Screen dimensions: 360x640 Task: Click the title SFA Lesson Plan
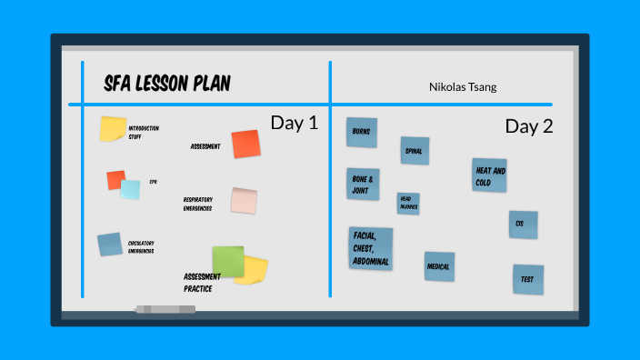click(x=167, y=85)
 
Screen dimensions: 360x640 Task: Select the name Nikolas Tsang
click(x=463, y=87)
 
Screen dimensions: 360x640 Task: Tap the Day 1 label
click(x=294, y=124)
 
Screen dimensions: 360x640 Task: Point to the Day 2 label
click(x=529, y=126)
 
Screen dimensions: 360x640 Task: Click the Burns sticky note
click(x=362, y=133)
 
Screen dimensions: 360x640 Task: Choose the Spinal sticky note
click(x=415, y=151)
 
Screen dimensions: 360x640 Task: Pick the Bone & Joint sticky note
click(x=363, y=183)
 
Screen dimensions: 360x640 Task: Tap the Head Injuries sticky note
click(x=408, y=204)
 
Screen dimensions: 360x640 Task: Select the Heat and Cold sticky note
click(x=489, y=175)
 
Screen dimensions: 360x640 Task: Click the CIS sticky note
click(x=523, y=224)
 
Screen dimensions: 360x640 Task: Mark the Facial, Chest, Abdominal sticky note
click(x=371, y=248)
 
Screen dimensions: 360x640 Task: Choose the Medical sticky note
click(x=439, y=266)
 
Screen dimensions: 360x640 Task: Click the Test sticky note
click(x=527, y=278)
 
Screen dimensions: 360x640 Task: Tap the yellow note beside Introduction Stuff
click(x=113, y=129)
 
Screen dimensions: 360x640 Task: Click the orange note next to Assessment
click(x=245, y=144)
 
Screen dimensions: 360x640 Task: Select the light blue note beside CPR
click(x=130, y=189)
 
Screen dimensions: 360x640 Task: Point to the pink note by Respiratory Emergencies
click(x=244, y=201)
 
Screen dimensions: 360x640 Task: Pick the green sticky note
click(x=228, y=262)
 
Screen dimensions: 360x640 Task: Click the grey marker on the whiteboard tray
click(x=165, y=309)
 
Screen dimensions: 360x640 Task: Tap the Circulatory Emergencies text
click(x=141, y=246)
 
